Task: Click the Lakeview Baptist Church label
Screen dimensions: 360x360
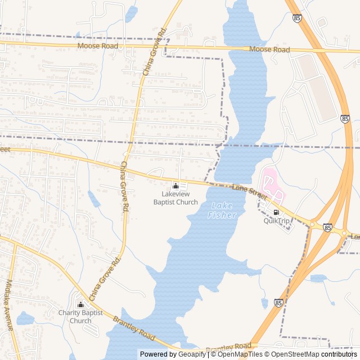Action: coord(175,198)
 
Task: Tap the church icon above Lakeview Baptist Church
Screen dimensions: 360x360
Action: coord(175,186)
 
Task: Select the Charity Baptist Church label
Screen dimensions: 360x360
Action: coord(80,317)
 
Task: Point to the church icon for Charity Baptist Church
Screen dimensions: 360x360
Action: coord(80,305)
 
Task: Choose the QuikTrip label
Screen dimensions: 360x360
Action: coord(276,221)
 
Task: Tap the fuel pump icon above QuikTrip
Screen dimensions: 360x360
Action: coord(276,212)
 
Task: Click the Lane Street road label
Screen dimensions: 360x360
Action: coord(250,192)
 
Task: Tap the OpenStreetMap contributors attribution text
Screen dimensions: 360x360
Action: coord(313,354)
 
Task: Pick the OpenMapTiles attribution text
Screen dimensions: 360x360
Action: coord(238,354)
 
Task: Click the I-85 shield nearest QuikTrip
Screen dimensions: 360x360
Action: coord(328,227)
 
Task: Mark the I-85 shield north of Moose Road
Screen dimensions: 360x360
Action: coord(297,19)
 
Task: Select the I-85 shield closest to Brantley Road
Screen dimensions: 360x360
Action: coord(278,303)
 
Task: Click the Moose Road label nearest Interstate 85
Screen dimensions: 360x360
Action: coord(271,50)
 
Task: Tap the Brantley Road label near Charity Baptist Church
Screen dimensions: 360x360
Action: coord(134,328)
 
